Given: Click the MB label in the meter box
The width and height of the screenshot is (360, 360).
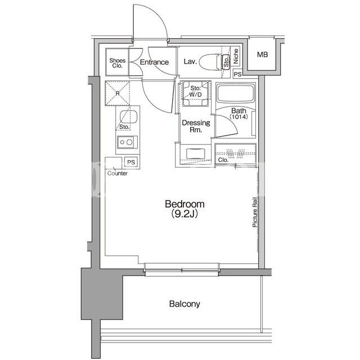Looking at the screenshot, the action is click(262, 55).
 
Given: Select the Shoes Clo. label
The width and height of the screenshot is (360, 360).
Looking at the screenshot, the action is click(118, 63).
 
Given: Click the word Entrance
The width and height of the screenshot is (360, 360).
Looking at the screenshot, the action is click(154, 62).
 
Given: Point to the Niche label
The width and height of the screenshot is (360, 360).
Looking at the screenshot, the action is click(236, 56).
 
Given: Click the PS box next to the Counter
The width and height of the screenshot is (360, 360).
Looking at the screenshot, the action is click(131, 163).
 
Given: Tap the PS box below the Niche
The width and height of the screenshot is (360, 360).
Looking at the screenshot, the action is click(238, 74).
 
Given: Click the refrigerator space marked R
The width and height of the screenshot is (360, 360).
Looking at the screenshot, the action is click(118, 93).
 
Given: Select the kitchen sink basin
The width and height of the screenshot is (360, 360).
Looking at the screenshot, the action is click(129, 116).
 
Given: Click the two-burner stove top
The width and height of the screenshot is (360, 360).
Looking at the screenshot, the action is click(127, 142).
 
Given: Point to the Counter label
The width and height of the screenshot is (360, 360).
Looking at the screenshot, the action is click(118, 173).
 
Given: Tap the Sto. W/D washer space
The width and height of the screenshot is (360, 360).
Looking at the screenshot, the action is click(195, 93).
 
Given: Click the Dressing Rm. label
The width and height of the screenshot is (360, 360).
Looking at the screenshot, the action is click(196, 126).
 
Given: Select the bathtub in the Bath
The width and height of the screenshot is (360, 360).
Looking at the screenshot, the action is click(236, 94).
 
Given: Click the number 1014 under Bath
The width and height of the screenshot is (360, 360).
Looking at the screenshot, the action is click(238, 117).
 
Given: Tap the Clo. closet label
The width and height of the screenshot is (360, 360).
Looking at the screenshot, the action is click(223, 160).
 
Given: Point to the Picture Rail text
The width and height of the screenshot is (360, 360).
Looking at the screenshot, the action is click(255, 212).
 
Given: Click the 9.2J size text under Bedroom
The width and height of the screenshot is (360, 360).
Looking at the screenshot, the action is click(184, 214).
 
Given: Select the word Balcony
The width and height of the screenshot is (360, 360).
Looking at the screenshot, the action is click(184, 304).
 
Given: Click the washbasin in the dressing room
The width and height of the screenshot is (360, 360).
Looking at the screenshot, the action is click(196, 154).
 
